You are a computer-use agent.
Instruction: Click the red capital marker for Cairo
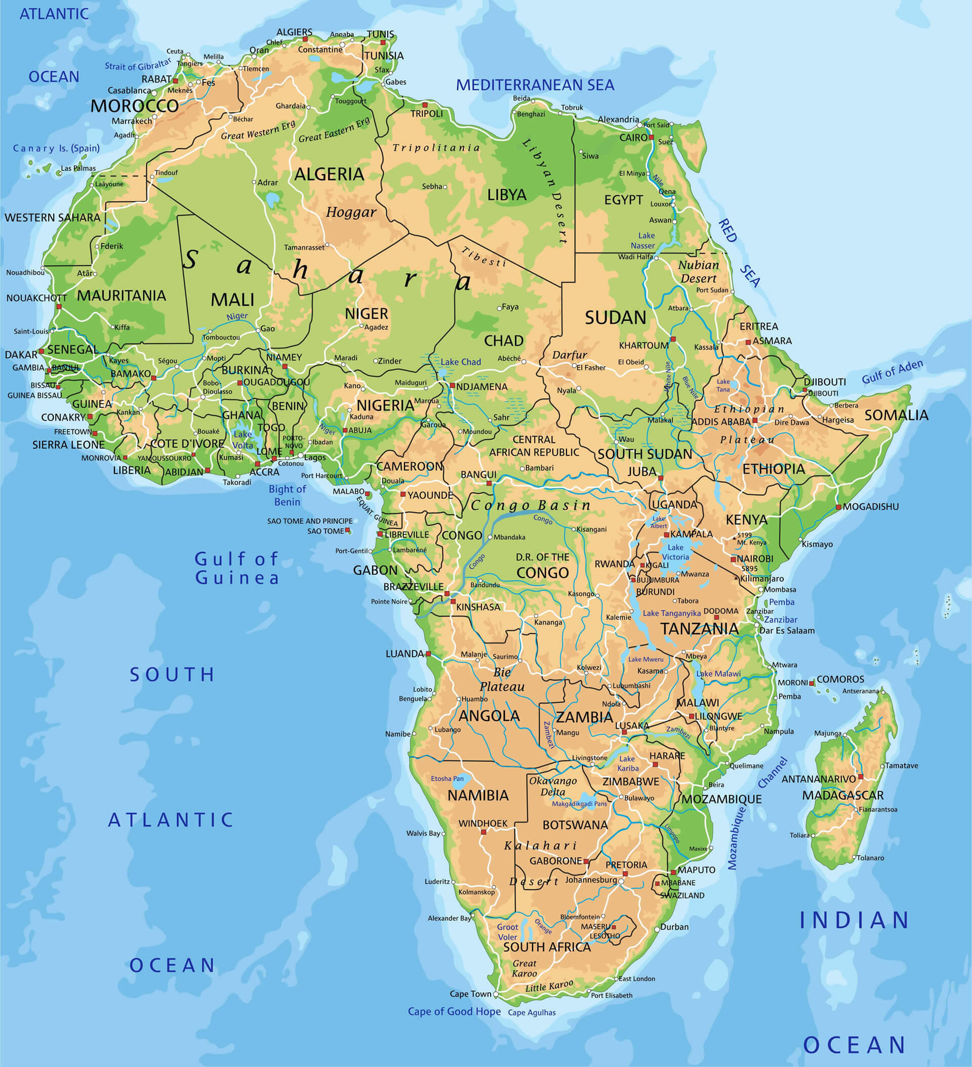[x=652, y=137]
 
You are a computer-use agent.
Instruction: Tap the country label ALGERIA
[x=329, y=174]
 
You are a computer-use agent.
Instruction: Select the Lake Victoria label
[x=675, y=552]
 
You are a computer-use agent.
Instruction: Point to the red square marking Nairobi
[x=733, y=559]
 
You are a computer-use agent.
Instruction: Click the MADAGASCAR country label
[x=842, y=795]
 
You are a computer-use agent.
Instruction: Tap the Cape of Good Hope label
[x=454, y=1011]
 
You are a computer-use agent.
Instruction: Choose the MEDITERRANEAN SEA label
[x=535, y=85]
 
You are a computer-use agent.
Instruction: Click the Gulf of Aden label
[x=892, y=371]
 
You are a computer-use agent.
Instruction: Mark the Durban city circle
[x=657, y=928]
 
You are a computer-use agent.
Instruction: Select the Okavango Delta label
[x=552, y=786]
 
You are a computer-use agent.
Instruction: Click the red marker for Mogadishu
[x=838, y=507]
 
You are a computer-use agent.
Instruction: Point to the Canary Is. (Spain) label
[x=56, y=148]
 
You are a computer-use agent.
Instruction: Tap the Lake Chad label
[x=460, y=362]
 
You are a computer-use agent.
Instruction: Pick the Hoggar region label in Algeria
[x=351, y=212]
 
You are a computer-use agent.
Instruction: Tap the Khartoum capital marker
[x=673, y=339]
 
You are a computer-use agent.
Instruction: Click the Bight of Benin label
[x=287, y=495]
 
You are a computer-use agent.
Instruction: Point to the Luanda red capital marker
[x=428, y=654]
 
